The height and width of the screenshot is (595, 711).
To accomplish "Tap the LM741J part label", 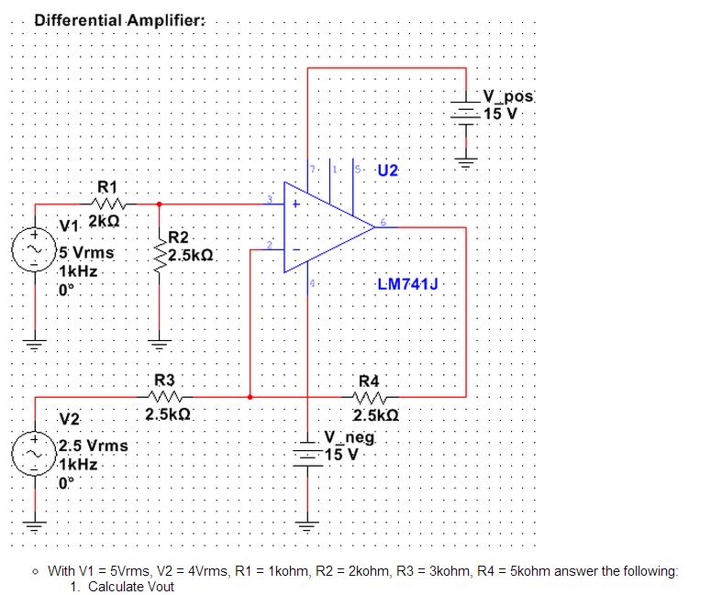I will [x=407, y=284].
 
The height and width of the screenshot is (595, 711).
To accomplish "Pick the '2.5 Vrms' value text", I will [x=93, y=446].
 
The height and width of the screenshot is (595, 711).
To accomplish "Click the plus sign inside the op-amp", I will [x=296, y=204].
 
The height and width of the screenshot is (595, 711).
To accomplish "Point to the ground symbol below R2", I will [x=160, y=346].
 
